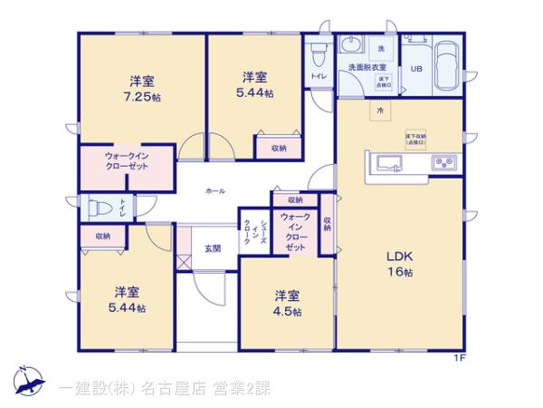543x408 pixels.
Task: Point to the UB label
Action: click(x=417, y=68)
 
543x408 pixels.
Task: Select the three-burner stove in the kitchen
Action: click(x=446, y=163)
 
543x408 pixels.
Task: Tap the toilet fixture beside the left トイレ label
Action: click(x=94, y=208)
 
